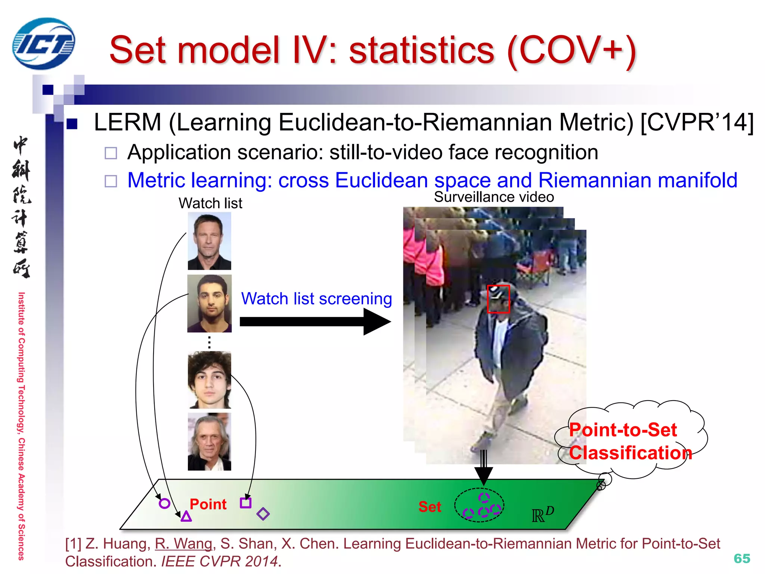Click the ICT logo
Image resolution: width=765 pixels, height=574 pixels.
(x=44, y=44)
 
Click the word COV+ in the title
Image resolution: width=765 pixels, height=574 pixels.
(x=572, y=50)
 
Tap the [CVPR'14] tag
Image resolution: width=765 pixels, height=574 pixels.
(x=697, y=122)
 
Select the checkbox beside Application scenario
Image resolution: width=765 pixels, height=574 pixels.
(x=111, y=153)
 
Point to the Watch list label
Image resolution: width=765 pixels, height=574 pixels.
(x=210, y=203)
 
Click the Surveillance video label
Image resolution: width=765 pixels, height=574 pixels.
(x=494, y=197)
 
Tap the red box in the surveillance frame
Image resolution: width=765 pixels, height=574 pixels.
(x=498, y=299)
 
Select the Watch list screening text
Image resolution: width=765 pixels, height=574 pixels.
(x=316, y=299)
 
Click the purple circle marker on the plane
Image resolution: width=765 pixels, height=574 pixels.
(x=164, y=503)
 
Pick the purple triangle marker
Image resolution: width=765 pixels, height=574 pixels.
(x=186, y=517)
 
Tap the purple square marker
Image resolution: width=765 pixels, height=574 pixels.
(x=245, y=503)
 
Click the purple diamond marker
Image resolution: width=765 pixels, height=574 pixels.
(x=263, y=514)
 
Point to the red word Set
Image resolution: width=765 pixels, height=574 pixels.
(x=430, y=507)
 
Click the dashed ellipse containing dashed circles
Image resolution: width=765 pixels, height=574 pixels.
(x=479, y=505)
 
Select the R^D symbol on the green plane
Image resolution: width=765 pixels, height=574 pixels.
(x=543, y=515)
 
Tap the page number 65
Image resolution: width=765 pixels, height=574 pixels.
(x=741, y=558)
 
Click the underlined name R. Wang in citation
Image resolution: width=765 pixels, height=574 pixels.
(x=184, y=544)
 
